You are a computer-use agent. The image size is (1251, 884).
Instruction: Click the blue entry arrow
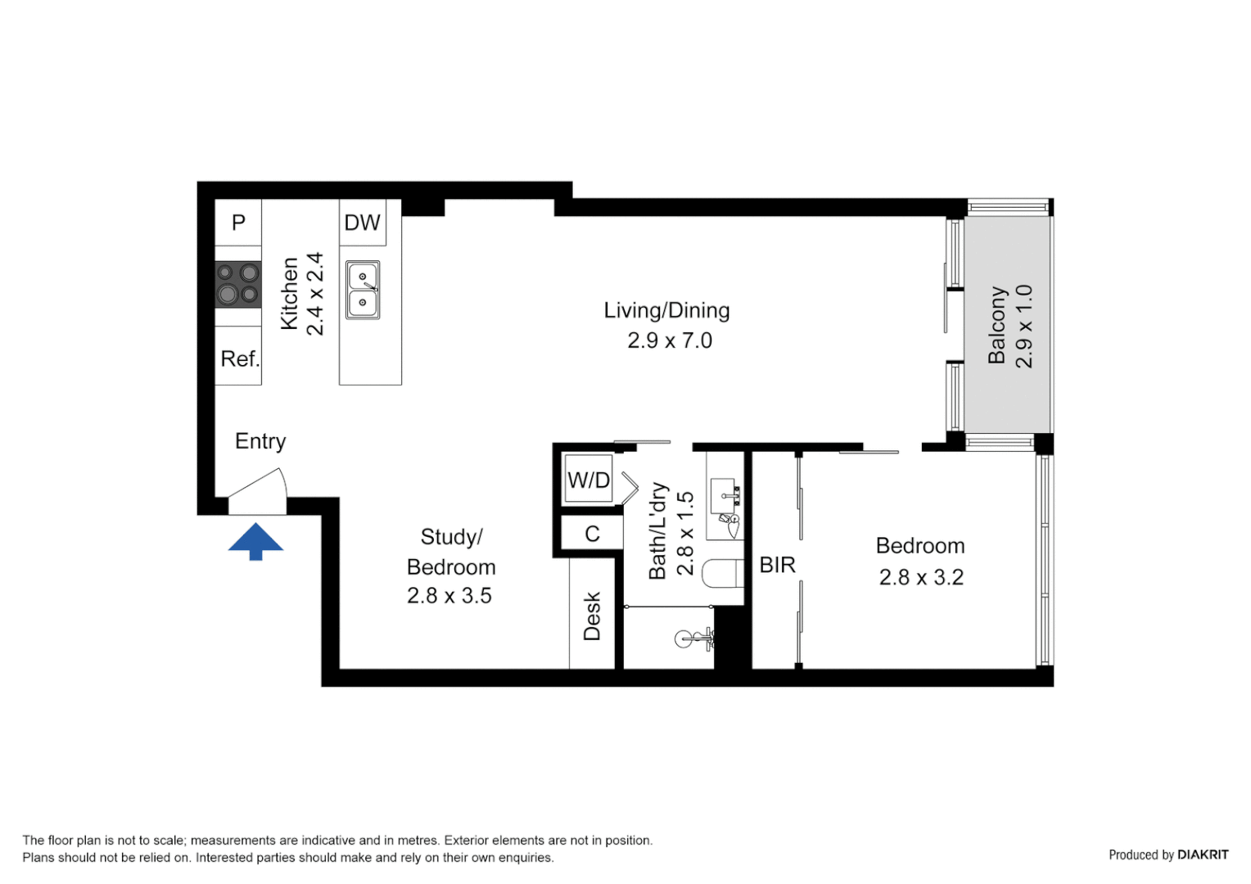pos(255,540)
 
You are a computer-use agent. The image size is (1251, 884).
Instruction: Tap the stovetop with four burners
pos(237,284)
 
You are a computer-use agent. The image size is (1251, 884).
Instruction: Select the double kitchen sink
pos(362,290)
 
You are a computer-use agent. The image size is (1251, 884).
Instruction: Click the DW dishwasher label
pos(362,223)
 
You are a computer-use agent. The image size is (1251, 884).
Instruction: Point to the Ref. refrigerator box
pos(238,359)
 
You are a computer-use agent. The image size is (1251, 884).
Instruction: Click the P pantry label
pos(238,223)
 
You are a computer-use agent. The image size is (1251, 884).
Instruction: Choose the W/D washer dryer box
pos(589,480)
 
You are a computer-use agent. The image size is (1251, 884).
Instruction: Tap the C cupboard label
pos(592,534)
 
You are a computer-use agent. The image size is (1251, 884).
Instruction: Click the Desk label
pos(592,616)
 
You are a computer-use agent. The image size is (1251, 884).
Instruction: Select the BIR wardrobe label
pos(777,565)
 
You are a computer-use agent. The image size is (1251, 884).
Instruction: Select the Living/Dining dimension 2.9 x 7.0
pos(669,341)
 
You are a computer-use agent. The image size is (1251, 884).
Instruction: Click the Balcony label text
pos(996,325)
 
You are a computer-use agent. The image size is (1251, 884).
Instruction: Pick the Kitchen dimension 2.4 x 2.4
pos(315,294)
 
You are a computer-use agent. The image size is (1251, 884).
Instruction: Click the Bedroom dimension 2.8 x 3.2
pos(920,577)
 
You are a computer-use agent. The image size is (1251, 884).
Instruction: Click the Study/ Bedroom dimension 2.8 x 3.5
pos(449,596)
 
